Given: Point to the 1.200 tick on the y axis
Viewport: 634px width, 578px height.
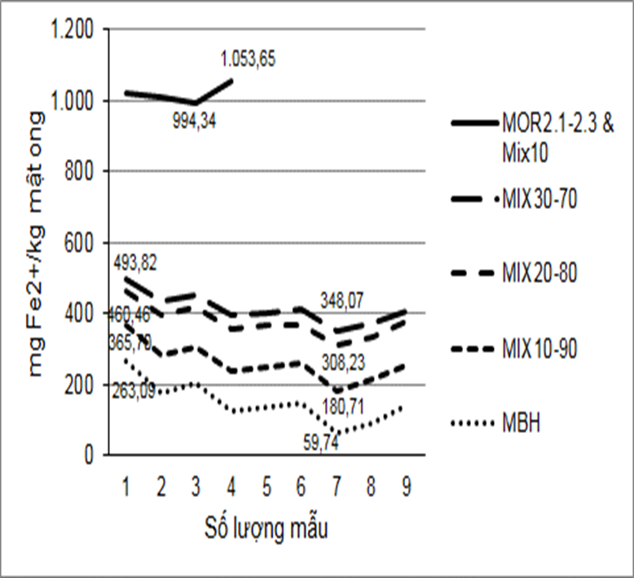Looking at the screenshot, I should coord(72,30).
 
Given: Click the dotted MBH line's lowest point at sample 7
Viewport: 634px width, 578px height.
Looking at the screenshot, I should coord(336,433).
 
